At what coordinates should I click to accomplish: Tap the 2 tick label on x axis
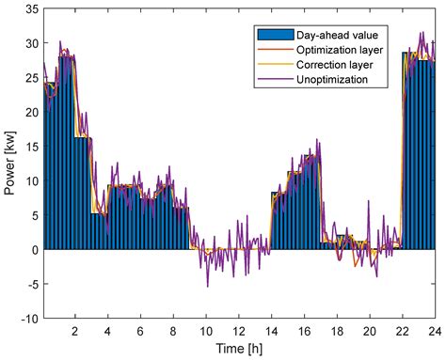pyautogui.click(x=75, y=331)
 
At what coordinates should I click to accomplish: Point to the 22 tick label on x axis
pyautogui.click(x=403, y=331)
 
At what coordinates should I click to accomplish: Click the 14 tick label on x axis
pyautogui.click(x=272, y=331)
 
